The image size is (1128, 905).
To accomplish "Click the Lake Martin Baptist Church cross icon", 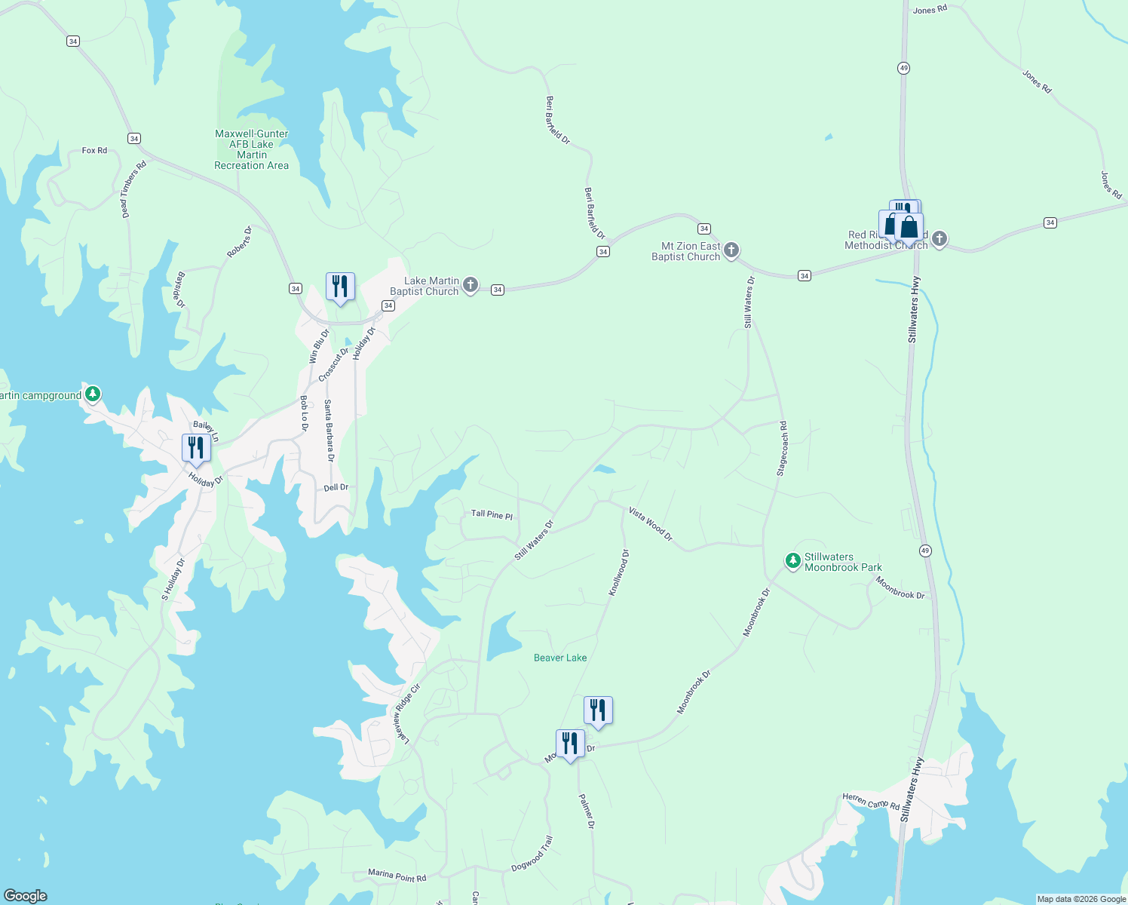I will click(x=471, y=285).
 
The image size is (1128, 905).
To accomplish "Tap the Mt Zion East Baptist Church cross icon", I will click(x=731, y=250).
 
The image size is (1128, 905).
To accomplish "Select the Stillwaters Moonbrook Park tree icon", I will click(x=792, y=561).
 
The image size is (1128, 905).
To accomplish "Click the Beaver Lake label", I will click(x=559, y=658).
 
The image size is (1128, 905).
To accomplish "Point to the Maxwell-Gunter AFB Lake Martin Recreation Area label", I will click(x=251, y=149).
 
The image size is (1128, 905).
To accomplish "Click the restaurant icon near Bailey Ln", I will click(x=196, y=449).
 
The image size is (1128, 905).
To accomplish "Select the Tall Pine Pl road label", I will click(x=492, y=514).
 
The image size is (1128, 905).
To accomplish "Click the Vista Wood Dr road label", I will click(x=650, y=524).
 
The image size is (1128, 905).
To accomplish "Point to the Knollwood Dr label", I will click(x=618, y=573).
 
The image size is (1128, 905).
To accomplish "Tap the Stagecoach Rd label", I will click(x=782, y=448).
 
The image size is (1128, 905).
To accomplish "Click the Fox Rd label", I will click(x=94, y=151).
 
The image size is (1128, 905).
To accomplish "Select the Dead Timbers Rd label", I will click(x=133, y=189).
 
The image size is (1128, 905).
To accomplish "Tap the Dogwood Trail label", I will click(x=532, y=854).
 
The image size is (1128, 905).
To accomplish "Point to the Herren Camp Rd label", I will click(x=870, y=802).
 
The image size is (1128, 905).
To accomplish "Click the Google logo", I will click(x=26, y=895).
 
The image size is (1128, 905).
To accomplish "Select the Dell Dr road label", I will click(x=336, y=487).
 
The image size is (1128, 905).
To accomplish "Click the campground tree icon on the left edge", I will click(x=93, y=394).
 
